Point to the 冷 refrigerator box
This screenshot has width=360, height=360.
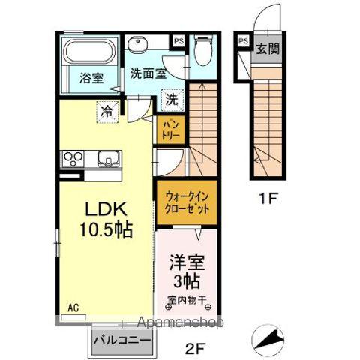(x=107, y=110)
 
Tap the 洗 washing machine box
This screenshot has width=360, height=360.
(x=172, y=97)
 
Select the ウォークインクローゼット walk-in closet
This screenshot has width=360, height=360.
(x=186, y=201)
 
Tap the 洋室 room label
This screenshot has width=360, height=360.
(x=186, y=265)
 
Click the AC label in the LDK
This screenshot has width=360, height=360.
(x=73, y=307)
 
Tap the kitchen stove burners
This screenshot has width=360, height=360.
(x=74, y=159)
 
